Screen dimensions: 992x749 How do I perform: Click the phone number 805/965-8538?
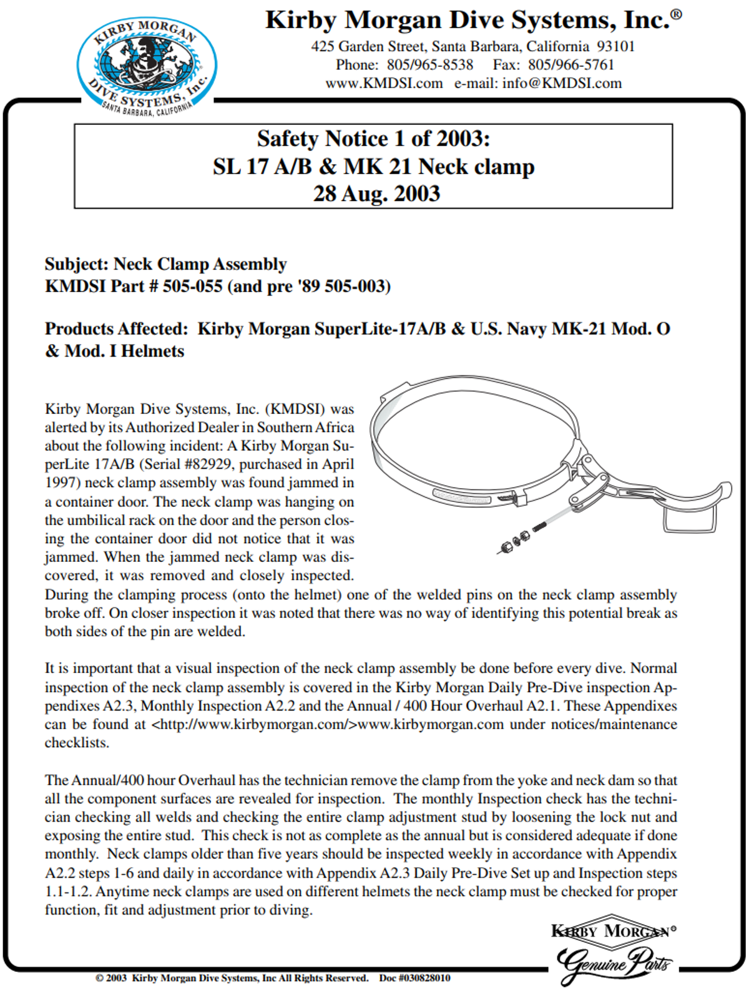[429, 65]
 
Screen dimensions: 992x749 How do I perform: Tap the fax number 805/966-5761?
[571, 65]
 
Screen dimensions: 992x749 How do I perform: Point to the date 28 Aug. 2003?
[376, 194]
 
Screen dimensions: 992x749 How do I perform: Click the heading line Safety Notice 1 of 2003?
[373, 139]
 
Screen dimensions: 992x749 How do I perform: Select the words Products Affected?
[116, 329]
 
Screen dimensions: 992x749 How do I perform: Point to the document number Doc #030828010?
[414, 978]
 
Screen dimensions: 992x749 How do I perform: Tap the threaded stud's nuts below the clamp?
[515, 542]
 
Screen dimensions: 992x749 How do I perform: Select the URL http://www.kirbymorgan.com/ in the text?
[254, 725]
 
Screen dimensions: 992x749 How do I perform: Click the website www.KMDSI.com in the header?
[384, 84]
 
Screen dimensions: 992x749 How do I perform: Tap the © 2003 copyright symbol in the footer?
[99, 978]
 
